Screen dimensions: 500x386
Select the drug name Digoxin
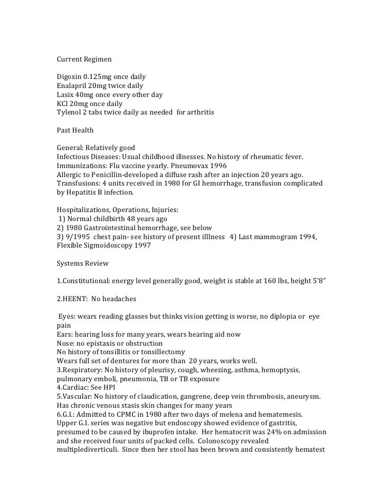click(x=69, y=78)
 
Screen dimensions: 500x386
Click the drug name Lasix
click(x=66, y=95)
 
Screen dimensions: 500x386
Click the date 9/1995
click(x=75, y=237)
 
